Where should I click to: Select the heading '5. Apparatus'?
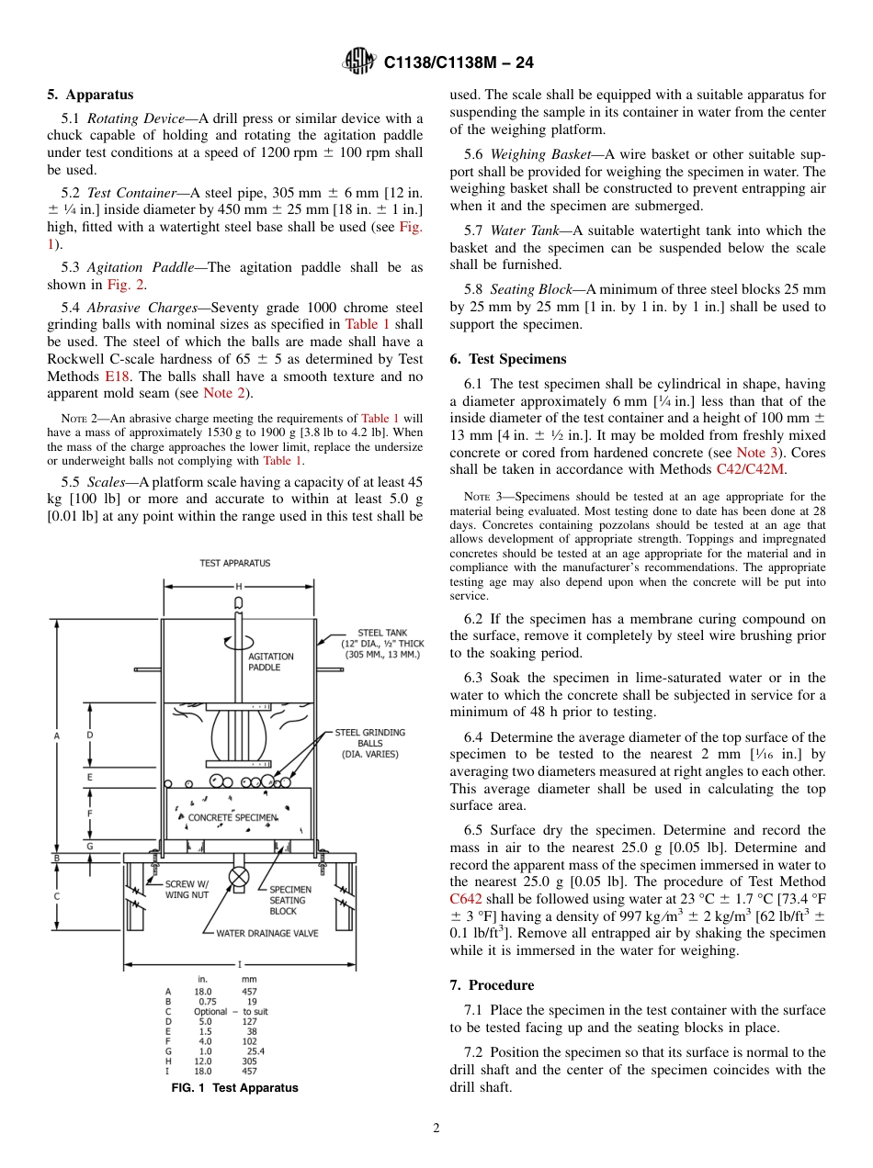tap(90, 95)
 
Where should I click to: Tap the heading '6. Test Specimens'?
tap(508, 359)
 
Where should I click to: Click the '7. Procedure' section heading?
tap(492, 985)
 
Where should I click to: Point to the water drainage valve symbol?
tap(239, 876)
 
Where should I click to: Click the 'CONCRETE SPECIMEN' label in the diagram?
tap(232, 816)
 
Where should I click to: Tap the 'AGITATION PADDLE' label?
tap(271, 662)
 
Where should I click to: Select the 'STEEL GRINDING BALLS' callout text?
tap(369, 743)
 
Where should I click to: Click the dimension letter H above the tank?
tap(239, 586)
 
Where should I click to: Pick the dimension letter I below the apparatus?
tap(239, 964)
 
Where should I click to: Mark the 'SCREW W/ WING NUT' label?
tap(187, 890)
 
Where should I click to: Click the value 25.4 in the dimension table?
tap(255, 1051)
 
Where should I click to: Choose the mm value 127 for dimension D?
tap(250, 1021)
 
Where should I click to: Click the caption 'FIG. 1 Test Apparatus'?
tap(234, 1088)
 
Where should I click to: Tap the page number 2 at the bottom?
tap(436, 1129)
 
